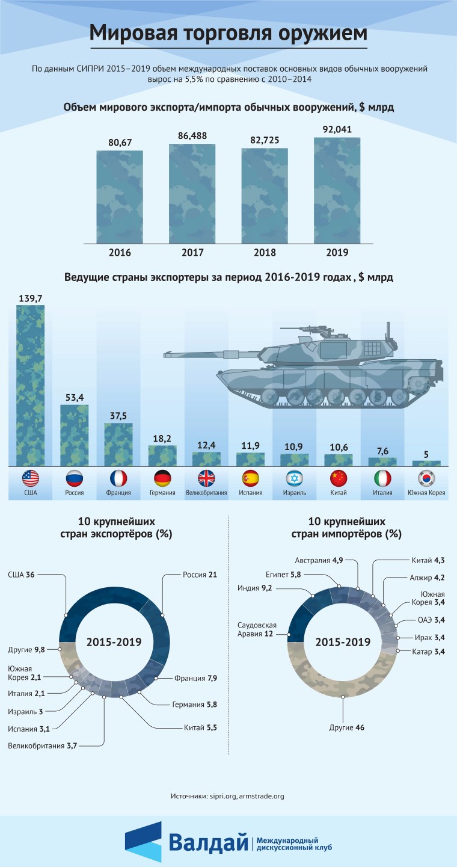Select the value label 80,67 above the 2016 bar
[120, 143]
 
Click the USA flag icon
[30, 478]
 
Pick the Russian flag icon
[74, 478]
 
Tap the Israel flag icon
[295, 478]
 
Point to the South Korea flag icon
[427, 478]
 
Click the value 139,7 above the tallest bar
[30, 298]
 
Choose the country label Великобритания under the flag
[206, 493]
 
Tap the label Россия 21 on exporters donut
[199, 575]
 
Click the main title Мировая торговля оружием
[228, 34]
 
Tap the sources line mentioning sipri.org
[228, 796]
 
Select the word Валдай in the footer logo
[208, 842]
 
